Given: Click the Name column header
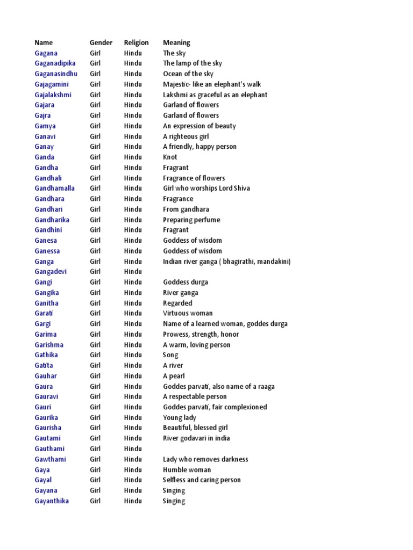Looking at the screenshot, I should (x=44, y=42).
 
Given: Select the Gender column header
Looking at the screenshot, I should (x=101, y=42).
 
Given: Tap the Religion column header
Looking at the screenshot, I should (x=136, y=42).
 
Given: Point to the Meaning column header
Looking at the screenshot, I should (x=176, y=42).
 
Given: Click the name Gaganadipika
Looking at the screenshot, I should (x=55, y=63).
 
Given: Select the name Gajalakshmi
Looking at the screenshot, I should (x=53, y=95).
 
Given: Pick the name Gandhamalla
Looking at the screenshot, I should (x=55, y=189).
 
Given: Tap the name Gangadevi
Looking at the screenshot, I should (x=51, y=272).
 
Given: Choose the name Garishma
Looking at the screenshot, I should (x=49, y=345).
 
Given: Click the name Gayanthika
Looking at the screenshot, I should (x=52, y=501).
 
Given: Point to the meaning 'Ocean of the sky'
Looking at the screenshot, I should (x=188, y=74).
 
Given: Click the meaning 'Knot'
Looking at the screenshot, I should (x=170, y=157).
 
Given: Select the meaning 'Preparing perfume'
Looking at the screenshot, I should (x=191, y=220).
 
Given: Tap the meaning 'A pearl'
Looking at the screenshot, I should (x=174, y=376).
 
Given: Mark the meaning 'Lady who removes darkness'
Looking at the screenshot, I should (x=205, y=459).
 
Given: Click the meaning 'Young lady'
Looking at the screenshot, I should (x=180, y=418).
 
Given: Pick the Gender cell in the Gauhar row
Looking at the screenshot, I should (x=95, y=376).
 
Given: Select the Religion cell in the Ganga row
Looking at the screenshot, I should (x=133, y=262).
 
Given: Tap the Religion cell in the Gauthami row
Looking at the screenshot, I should (x=133, y=449).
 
